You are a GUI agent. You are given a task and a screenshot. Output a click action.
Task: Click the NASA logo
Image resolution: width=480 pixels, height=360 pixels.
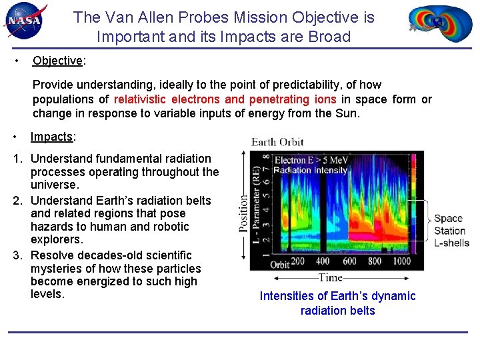click(x=25, y=21)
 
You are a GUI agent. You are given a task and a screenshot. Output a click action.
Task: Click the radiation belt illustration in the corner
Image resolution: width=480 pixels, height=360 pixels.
click(x=440, y=23)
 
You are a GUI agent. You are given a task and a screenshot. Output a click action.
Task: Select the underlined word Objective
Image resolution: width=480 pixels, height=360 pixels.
click(x=57, y=61)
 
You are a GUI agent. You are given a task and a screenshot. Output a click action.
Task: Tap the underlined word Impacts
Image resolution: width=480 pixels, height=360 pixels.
click(x=52, y=137)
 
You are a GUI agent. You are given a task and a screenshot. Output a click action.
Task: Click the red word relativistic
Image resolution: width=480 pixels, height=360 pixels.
click(x=139, y=99)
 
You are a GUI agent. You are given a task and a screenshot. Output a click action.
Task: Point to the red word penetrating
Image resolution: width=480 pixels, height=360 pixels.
click(x=279, y=99)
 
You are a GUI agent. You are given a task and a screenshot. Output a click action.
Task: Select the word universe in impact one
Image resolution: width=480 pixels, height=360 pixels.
click(x=53, y=185)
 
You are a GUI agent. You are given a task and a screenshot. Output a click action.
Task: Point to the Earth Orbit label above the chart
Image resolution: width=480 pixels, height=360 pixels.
click(x=277, y=142)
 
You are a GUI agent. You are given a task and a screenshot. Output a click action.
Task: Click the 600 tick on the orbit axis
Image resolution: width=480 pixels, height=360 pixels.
click(x=349, y=261)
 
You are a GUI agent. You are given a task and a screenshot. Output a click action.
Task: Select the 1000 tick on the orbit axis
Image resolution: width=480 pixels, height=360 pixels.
click(x=401, y=261)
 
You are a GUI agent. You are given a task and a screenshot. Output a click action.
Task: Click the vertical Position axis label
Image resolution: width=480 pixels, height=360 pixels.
click(x=243, y=213)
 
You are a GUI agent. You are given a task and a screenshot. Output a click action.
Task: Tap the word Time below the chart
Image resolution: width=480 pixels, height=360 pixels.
click(x=330, y=277)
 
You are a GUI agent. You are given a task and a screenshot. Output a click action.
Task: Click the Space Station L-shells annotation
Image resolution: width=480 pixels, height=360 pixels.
click(x=451, y=231)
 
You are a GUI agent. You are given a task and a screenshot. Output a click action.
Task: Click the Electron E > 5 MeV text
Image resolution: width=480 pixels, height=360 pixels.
click(x=311, y=160)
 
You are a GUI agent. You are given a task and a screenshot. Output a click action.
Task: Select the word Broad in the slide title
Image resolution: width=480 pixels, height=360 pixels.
click(x=329, y=37)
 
